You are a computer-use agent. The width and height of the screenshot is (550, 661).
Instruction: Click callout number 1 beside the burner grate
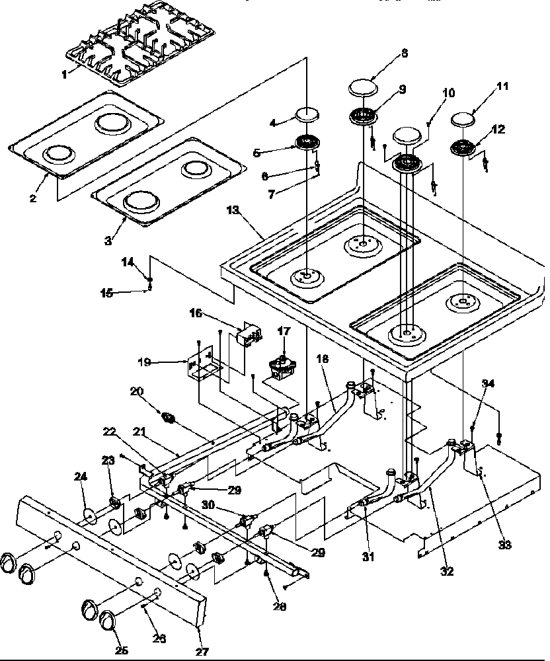coord(64,75)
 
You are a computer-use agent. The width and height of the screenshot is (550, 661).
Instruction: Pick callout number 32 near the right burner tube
coord(448,572)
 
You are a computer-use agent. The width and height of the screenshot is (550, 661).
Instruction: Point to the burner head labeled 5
coord(305,142)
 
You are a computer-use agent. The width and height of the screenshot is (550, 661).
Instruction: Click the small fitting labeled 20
coord(169,417)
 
